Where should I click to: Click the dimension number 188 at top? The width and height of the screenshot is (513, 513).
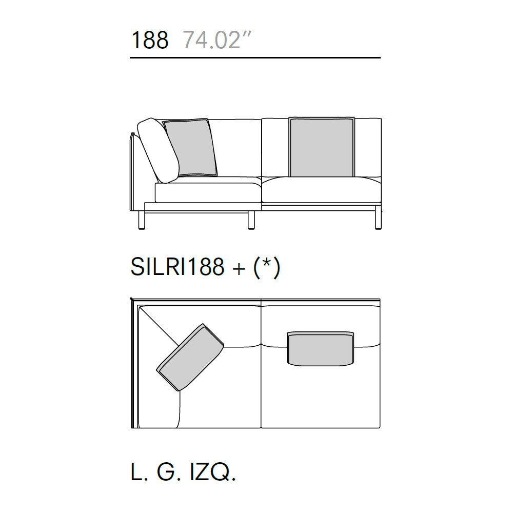coord(150,40)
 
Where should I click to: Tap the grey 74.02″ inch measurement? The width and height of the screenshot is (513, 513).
coord(216,40)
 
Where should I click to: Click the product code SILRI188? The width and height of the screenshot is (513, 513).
coord(177,266)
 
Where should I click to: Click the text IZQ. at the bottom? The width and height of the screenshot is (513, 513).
coord(213,472)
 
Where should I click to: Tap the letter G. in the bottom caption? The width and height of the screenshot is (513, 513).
coord(169,472)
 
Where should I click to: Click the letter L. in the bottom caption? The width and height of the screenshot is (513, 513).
coord(140,472)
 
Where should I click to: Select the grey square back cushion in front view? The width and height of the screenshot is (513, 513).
coord(322,147)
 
